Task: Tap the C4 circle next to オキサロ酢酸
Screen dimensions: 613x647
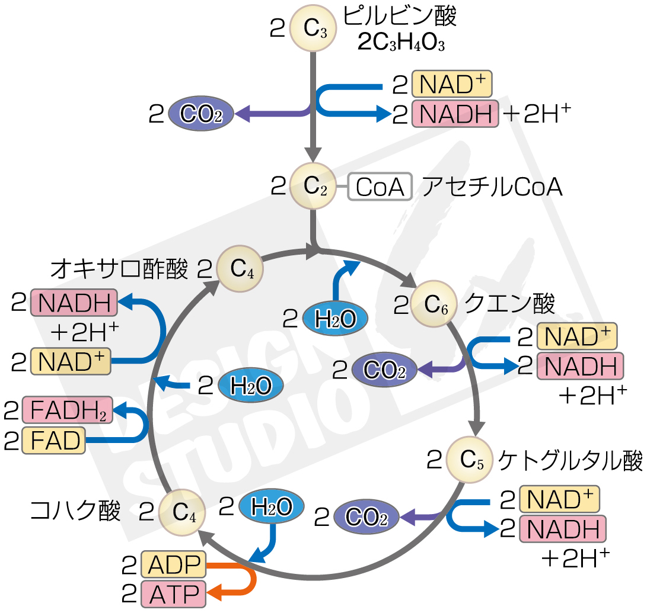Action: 240,271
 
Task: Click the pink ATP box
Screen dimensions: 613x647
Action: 174,592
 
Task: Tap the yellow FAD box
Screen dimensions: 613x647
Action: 53,440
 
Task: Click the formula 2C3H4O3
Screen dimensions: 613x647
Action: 401,43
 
